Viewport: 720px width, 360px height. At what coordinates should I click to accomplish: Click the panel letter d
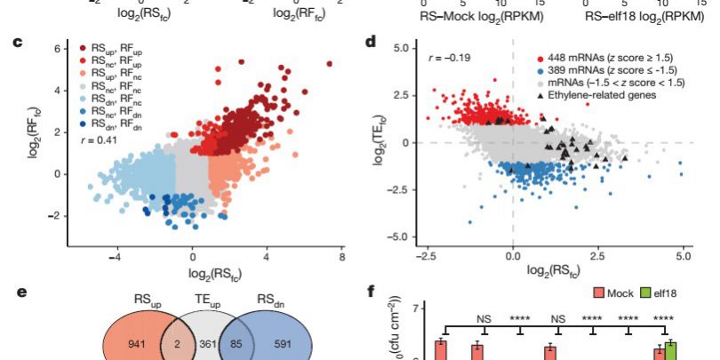coord(371,41)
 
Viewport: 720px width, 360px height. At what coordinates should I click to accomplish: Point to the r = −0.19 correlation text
coord(445,59)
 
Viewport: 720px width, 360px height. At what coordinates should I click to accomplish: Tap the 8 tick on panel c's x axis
coord(341,255)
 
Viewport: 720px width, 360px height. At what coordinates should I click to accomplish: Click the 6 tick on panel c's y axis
coord(56,49)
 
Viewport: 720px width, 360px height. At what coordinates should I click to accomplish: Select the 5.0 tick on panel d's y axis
coord(399,44)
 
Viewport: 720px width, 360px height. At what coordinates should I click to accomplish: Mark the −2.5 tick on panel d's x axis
coord(428,255)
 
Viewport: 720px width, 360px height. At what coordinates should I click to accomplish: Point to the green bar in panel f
coord(670,350)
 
